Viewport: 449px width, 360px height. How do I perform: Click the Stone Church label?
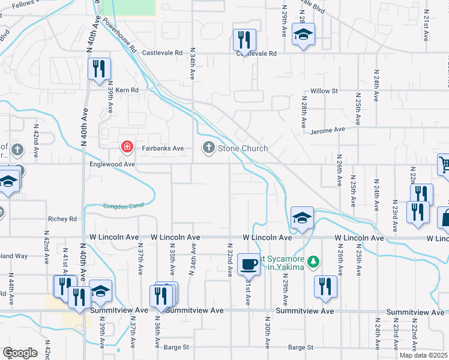point(243,148)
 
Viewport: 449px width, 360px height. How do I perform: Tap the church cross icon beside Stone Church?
point(209,148)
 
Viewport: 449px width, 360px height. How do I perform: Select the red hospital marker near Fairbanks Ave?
point(127,146)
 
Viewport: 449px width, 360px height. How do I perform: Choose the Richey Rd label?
point(64,220)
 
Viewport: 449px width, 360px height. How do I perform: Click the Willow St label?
point(325,91)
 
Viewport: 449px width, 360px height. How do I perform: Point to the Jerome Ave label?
point(328,129)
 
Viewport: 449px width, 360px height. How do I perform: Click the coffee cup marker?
point(249,263)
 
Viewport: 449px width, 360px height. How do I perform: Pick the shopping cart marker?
point(444,164)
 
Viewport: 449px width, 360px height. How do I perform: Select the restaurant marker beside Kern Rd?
point(100,68)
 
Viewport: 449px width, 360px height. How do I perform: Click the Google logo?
point(20,353)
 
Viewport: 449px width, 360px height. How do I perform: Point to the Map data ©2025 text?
point(423,355)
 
